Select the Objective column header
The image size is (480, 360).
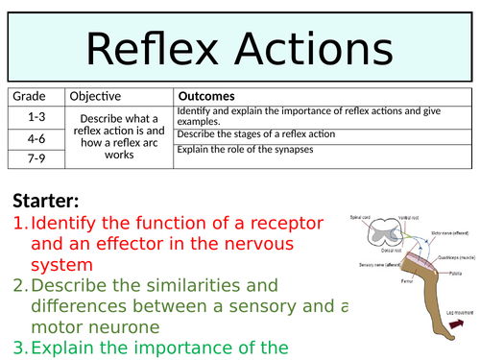pyautogui.click(x=96, y=96)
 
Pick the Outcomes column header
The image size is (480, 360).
pyautogui.click(x=208, y=96)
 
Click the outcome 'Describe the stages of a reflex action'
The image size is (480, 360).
pyautogui.click(x=257, y=133)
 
